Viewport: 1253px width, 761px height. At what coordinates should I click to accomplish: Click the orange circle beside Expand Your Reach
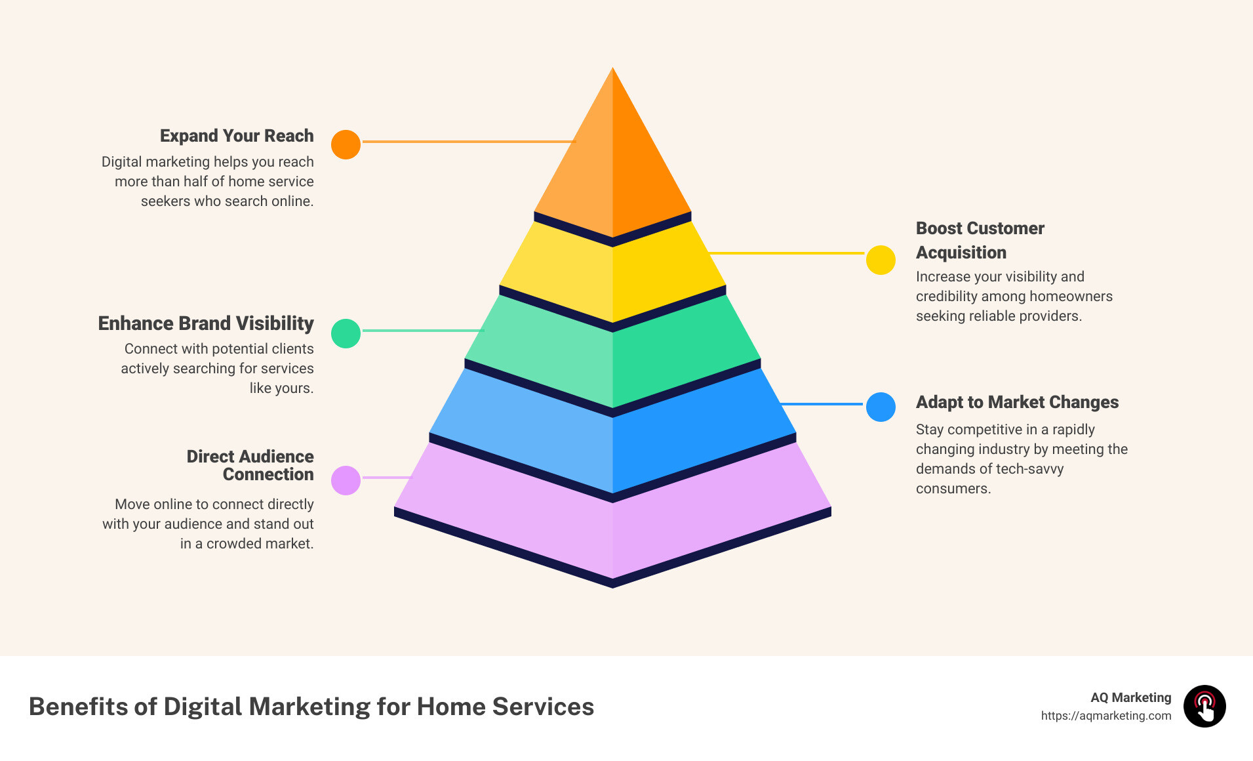coord(346,144)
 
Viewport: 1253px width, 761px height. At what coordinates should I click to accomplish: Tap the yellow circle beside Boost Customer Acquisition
coord(881,260)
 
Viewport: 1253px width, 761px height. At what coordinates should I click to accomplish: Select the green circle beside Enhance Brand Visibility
coord(346,333)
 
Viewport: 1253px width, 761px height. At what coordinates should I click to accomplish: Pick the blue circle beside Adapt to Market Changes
coord(881,407)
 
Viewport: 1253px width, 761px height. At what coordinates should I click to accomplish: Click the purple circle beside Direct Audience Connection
coord(346,480)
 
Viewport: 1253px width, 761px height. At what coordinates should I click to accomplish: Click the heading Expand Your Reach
coord(237,136)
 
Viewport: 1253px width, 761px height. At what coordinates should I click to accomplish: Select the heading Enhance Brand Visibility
coord(206,323)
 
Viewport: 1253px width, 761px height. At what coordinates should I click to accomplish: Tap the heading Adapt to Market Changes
coord(1017,402)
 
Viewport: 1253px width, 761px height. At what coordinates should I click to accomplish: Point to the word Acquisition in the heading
coord(961,253)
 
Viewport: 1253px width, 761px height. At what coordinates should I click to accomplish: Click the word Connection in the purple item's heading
coord(268,474)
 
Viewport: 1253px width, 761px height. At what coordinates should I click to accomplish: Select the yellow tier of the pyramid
coord(612,272)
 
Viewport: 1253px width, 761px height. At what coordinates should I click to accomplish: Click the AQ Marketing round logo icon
coord(1204,707)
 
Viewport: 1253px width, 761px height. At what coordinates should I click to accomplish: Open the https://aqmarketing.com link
coord(1105,716)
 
